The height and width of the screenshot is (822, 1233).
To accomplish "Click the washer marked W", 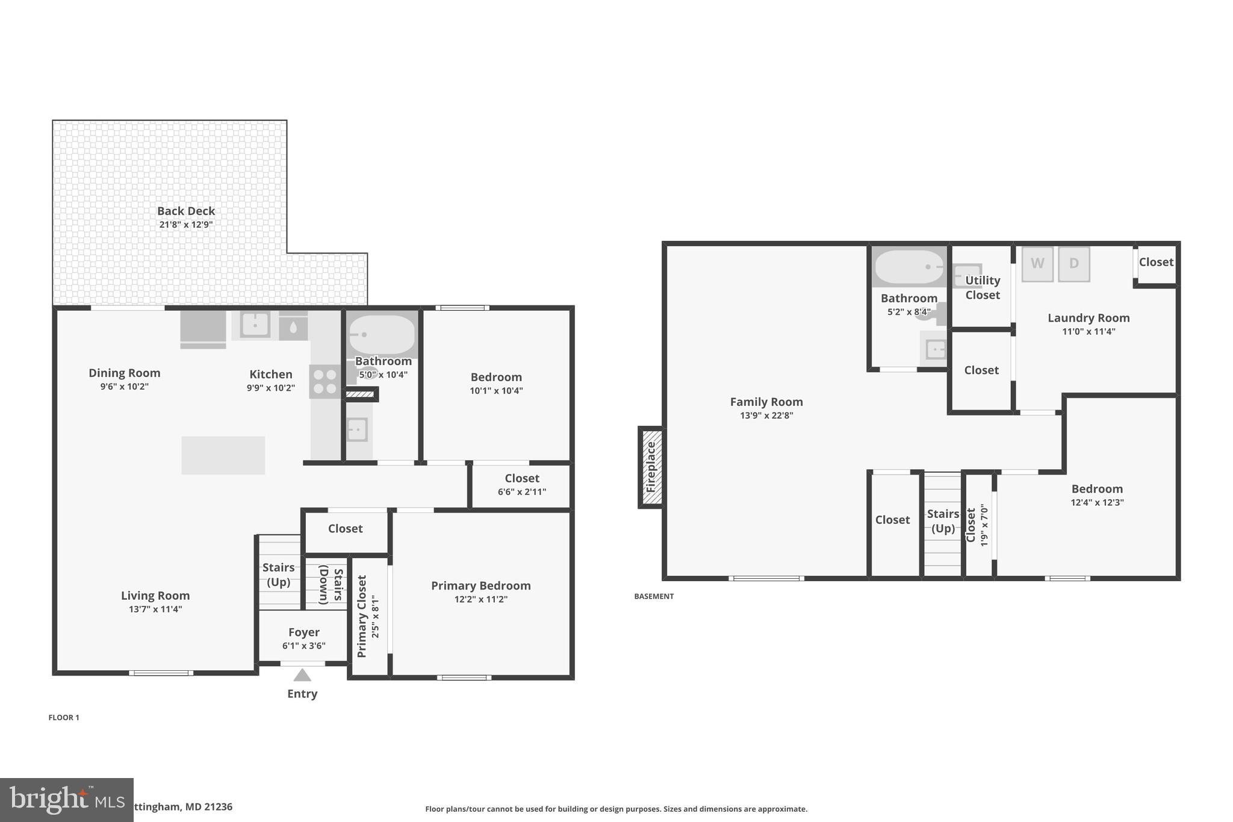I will pos(1037,264).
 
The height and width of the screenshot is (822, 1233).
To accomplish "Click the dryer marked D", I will pos(1073,264).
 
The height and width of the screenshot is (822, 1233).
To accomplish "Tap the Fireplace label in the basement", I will pos(651,467).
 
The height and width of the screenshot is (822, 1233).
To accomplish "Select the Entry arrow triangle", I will pos(302,675).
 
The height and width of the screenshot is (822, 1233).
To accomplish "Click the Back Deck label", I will pos(186,211).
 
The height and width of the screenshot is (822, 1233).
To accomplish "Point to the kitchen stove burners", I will pos(325,381).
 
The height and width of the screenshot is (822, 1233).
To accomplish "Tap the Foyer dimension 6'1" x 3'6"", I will pos(304,646).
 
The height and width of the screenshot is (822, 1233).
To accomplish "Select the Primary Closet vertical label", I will pos(362,616).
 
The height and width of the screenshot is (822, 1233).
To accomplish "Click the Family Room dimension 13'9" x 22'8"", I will pos(766,416).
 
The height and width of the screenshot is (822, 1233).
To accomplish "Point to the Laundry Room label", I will pos(1089,318).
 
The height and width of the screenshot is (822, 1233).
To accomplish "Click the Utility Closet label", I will pos(983,287).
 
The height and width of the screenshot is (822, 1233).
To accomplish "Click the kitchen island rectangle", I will pos(223,455).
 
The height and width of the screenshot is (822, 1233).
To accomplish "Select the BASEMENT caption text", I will pos(654,596).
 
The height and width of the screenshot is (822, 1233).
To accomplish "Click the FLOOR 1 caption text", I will pos(64,717).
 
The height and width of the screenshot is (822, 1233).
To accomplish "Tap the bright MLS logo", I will pos(66,800).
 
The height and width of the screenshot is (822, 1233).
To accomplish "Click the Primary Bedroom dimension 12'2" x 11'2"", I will pos(481,599).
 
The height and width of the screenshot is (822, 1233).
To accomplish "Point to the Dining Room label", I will pos(125,373).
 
